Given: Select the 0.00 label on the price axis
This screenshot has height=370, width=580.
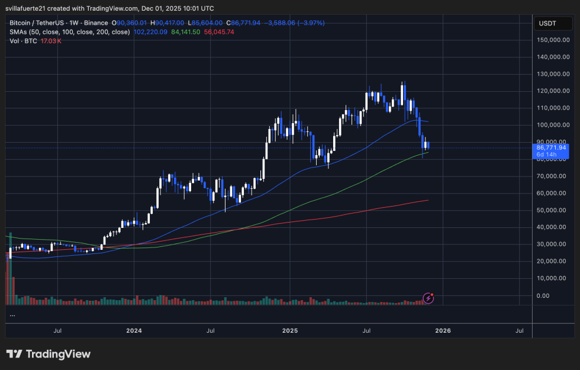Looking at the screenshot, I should click(543, 295).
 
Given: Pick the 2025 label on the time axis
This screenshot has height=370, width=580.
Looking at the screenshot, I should click(289, 330).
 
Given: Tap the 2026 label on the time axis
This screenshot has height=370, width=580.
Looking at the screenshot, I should click(443, 330).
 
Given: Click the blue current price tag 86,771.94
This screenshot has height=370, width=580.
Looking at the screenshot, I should click(552, 147).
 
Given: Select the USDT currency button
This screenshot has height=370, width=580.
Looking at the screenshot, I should click(549, 24).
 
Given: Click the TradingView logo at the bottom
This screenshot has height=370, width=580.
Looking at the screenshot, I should click(49, 354).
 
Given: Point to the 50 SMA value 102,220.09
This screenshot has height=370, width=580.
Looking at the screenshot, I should click(151, 32).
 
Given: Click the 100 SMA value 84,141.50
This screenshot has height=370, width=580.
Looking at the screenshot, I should click(186, 32).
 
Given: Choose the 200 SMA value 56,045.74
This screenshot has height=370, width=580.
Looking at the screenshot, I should click(219, 32).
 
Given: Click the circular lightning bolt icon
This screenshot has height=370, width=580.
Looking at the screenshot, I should click(429, 298).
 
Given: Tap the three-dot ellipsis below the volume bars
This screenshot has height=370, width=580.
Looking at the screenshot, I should click(12, 315).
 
